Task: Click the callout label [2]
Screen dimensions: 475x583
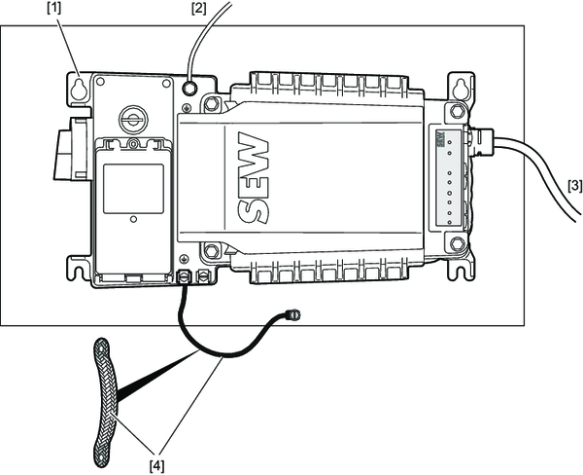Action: coord(198,10)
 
